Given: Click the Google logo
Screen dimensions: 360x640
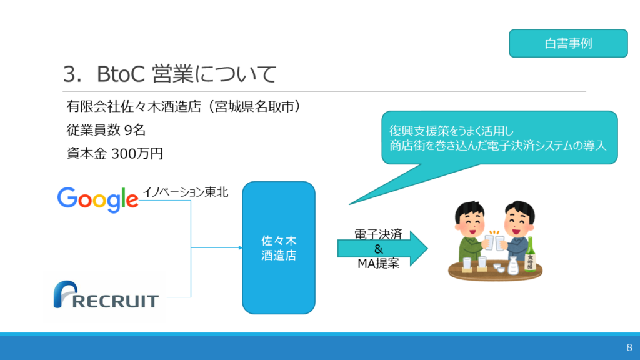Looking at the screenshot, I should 97,199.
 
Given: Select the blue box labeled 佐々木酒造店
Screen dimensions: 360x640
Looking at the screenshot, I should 279,247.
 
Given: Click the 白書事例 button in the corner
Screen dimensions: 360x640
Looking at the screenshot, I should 568,43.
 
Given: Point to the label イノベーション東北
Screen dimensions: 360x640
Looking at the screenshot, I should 186,192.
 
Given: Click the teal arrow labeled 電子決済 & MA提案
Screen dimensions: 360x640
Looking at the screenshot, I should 382,249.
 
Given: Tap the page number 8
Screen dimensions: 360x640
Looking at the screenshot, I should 629,347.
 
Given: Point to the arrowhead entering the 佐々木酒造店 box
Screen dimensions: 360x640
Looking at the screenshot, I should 240,247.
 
